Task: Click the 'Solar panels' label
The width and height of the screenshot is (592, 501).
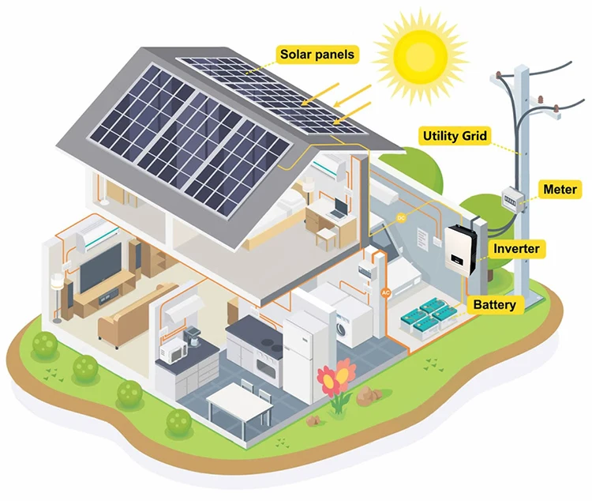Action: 317,55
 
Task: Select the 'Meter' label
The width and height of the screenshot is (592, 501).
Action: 560,190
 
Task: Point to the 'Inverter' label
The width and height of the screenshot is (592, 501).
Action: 516,249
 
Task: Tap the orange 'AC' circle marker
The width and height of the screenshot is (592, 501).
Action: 386,292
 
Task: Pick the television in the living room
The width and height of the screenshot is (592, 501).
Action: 100,265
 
